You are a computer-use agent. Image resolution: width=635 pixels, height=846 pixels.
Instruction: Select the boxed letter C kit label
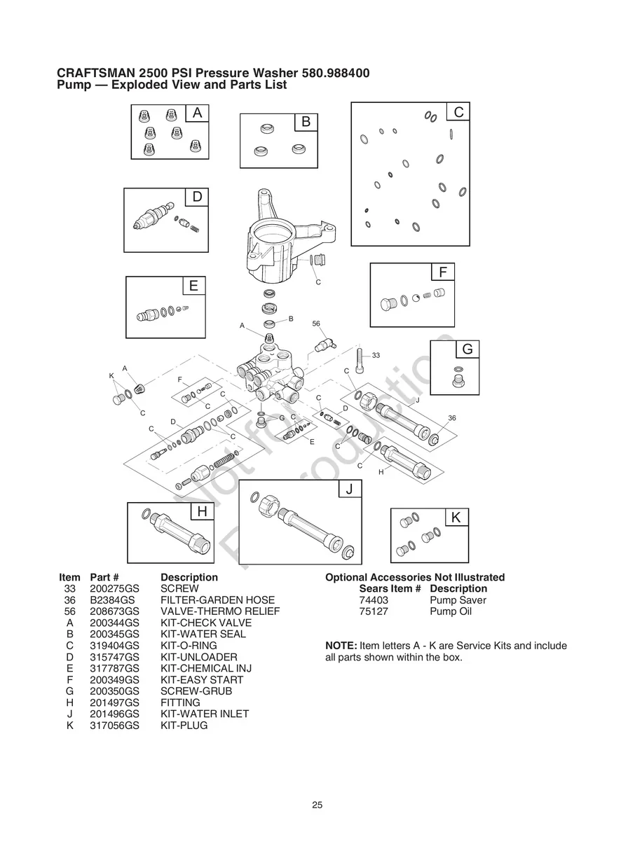click(x=458, y=112)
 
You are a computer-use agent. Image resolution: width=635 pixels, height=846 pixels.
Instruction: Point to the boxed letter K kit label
click(x=456, y=518)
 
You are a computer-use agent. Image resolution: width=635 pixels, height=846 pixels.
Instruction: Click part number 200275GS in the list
click(x=114, y=589)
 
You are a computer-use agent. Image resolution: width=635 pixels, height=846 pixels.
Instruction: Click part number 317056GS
click(x=114, y=725)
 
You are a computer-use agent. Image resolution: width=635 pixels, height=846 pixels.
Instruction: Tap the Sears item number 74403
click(x=374, y=600)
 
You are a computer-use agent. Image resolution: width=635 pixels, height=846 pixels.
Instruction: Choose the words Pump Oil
click(x=451, y=611)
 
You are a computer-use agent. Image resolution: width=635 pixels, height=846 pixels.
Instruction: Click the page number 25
click(x=317, y=805)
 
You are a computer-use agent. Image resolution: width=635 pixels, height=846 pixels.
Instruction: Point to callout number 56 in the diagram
click(x=316, y=324)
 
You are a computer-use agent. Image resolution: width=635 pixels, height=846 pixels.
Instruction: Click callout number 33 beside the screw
click(x=376, y=356)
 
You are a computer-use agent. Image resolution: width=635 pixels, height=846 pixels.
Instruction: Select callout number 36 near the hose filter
click(x=452, y=418)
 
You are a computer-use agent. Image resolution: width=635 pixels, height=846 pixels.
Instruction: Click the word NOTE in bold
click(x=341, y=646)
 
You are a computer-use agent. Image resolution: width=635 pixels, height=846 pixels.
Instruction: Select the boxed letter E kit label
click(x=193, y=286)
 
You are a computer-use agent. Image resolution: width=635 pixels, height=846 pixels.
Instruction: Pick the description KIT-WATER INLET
click(x=205, y=714)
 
